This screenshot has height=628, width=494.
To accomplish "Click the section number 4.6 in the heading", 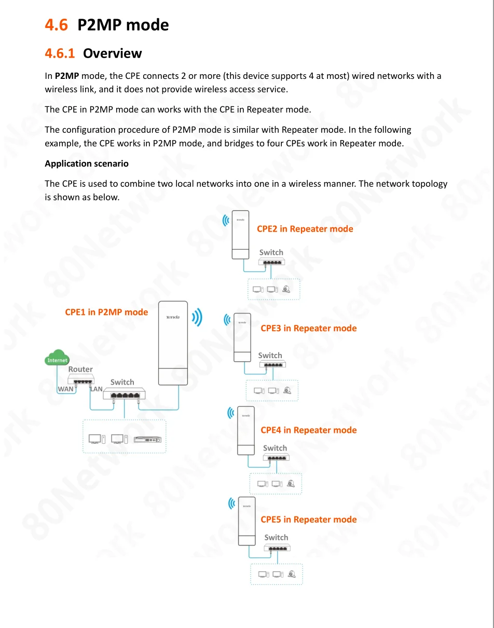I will click(56, 25).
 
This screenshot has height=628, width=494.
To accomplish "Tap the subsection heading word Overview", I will click(112, 53).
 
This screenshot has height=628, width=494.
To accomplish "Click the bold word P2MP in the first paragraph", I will click(66, 76).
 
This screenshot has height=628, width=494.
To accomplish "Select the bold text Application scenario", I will click(87, 163).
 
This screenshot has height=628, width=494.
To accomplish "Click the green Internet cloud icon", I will click(57, 359).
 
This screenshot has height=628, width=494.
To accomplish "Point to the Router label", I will click(80, 370).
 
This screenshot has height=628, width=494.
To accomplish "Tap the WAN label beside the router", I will click(65, 389).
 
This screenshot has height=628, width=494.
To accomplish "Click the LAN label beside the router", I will click(97, 389).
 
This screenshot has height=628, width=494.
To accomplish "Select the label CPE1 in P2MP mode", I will click(106, 312).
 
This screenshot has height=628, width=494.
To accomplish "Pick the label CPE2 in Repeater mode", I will click(305, 229).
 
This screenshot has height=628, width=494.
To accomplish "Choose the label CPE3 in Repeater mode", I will click(308, 328).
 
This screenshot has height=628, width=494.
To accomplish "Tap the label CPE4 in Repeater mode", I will click(308, 430).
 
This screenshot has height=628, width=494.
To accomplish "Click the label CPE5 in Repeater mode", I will click(308, 520).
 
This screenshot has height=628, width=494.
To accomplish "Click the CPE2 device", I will click(240, 234).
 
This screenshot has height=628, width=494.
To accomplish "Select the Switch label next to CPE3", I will click(270, 356).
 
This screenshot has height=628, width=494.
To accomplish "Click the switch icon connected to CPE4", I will click(276, 457).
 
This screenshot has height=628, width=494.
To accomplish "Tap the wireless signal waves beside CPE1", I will click(197, 318).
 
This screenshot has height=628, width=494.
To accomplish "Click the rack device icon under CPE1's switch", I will click(147, 440).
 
